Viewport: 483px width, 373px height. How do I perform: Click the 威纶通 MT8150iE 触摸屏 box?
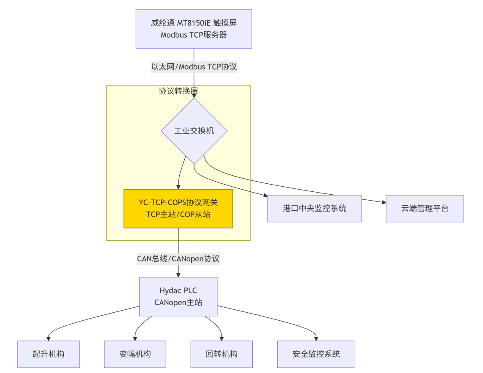click(194, 29)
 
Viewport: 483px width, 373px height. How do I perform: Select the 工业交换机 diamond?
click(194, 131)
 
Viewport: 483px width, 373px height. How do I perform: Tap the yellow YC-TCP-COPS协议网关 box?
click(178, 208)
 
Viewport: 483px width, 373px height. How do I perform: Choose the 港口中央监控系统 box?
click(314, 208)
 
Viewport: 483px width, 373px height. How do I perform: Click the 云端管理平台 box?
click(424, 208)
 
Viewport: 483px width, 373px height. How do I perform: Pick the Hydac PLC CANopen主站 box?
click(178, 296)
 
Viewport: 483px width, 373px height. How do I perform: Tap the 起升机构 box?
click(49, 354)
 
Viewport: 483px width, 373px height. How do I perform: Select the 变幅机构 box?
click(135, 354)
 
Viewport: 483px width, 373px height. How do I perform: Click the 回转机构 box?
click(221, 354)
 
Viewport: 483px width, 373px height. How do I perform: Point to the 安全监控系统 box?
click(316, 354)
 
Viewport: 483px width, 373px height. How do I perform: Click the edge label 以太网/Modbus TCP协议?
click(194, 67)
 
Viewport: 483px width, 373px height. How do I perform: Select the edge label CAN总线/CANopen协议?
click(178, 258)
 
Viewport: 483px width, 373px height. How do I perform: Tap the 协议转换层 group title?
click(178, 91)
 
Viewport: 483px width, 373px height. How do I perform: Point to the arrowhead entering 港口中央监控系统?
click(265, 196)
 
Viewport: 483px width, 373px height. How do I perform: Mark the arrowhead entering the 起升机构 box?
click(49, 338)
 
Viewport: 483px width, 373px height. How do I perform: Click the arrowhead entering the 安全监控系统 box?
click(316, 338)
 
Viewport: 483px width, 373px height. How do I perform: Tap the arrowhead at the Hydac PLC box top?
click(178, 275)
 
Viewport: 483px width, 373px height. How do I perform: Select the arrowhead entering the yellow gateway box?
click(178, 187)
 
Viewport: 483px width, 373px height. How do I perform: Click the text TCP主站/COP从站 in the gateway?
click(178, 215)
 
